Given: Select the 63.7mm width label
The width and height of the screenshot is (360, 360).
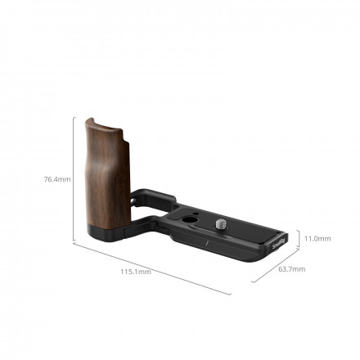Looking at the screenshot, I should (x=290, y=269).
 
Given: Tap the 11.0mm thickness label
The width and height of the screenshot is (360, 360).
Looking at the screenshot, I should (x=317, y=239).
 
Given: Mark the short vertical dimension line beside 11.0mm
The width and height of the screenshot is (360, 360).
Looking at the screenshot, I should (x=298, y=239).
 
